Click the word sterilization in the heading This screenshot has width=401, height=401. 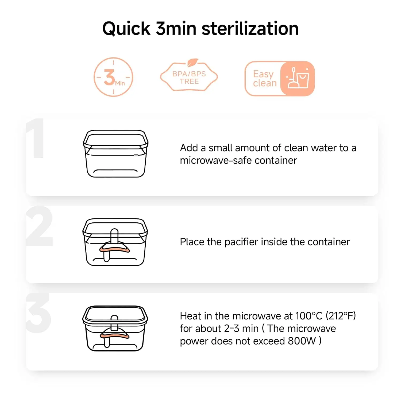point(250,28)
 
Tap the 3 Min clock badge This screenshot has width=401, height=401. point(113,77)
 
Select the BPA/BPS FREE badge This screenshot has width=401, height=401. point(189,76)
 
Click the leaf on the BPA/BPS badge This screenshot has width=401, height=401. point(192,63)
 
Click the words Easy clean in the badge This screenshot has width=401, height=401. point(264,79)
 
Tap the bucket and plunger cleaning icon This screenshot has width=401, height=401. point(298,78)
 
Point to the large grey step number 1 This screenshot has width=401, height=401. point(35,138)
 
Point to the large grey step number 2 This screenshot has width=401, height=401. point(40,226)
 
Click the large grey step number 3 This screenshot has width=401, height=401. point(38,313)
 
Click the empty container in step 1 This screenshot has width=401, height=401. point(116,154)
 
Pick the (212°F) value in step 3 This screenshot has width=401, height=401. point(341,316)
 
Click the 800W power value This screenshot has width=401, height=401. point(302,341)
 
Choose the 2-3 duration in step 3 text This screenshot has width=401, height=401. point(232,329)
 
